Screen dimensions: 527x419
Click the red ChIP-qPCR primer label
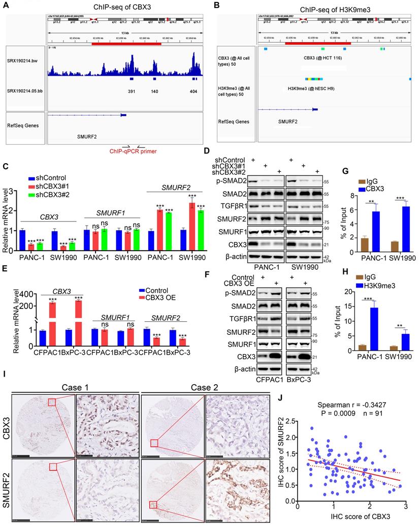133,151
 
